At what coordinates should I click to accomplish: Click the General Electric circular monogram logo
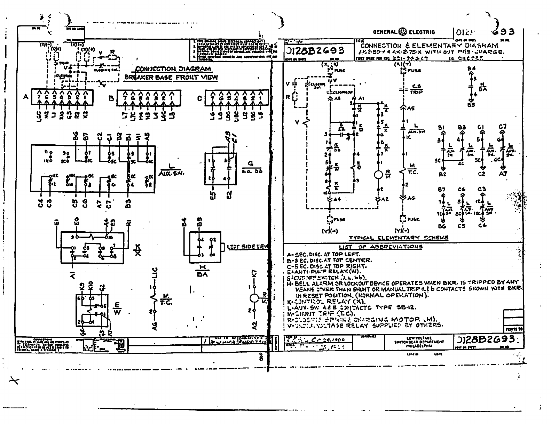pos(403,32)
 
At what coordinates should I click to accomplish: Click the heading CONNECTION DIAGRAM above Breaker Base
pos(173,69)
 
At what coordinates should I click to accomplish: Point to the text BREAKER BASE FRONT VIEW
pos(171,77)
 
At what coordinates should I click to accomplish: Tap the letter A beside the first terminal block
pos(26,97)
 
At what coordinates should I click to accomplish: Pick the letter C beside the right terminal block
pos(199,98)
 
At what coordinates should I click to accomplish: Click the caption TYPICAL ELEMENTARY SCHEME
pos(399,238)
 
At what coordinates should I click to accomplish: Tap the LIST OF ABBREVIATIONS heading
pos(381,247)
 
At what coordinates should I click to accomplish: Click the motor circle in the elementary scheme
pos(378,175)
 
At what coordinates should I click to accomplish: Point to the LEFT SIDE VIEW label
pos(247,247)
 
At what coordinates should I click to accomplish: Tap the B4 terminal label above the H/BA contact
pos(471,69)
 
